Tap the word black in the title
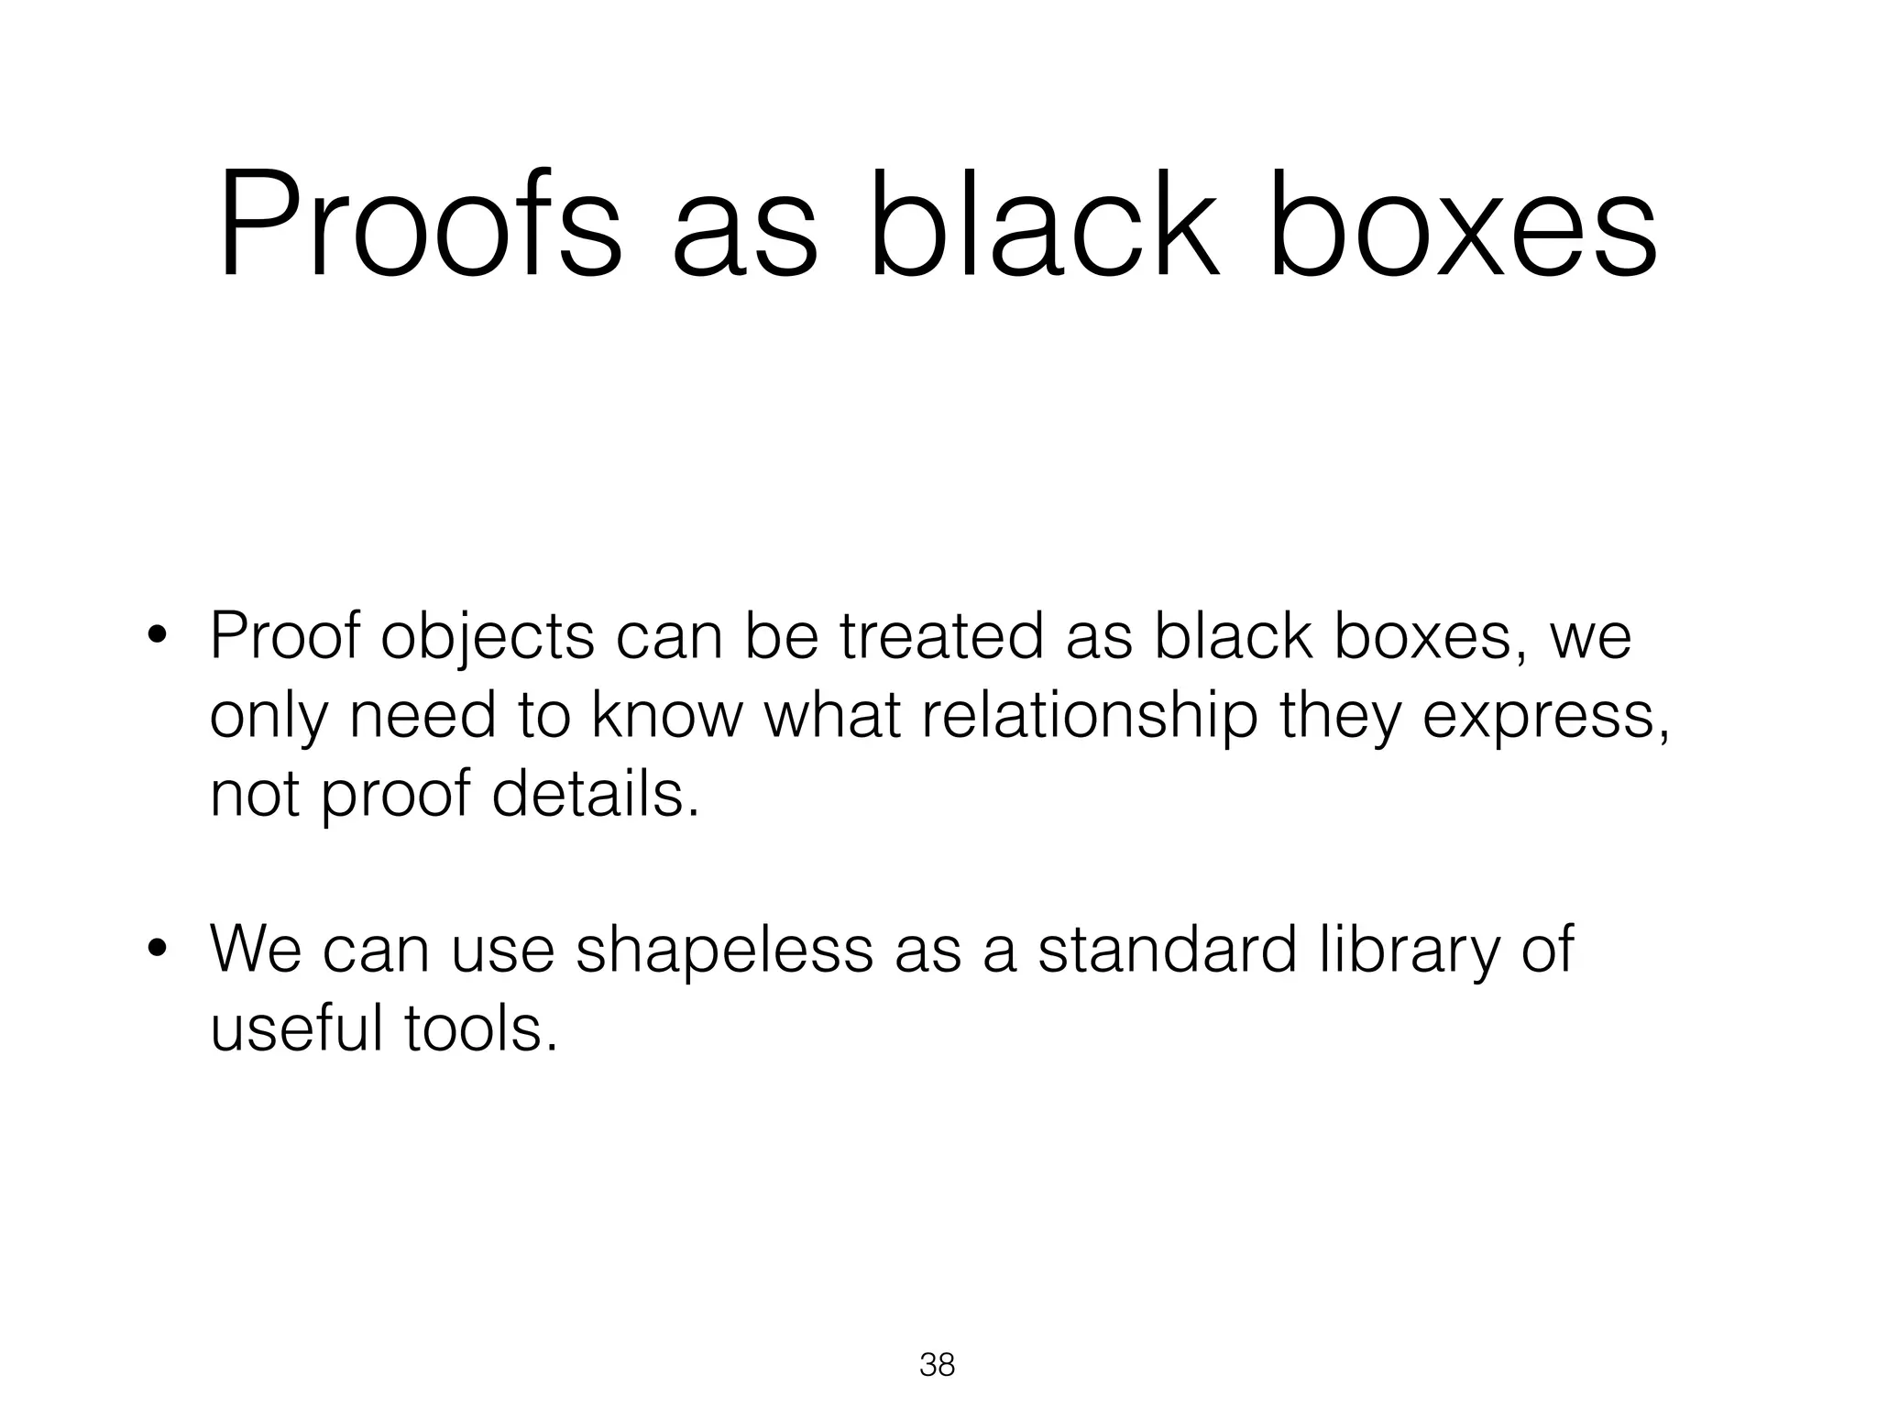(x=1045, y=225)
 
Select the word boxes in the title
(x=1463, y=225)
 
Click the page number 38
(x=937, y=1365)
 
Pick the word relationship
(x=1089, y=716)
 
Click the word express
(x=1543, y=718)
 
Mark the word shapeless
(x=724, y=951)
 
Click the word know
(x=665, y=716)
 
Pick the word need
(x=423, y=716)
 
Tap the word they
(x=1340, y=716)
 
